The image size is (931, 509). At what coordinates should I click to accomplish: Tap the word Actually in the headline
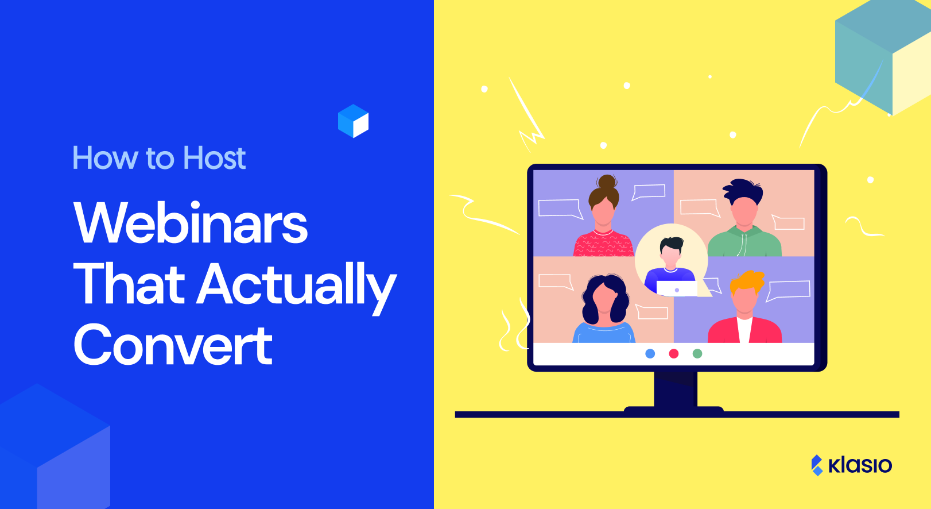pyautogui.click(x=297, y=284)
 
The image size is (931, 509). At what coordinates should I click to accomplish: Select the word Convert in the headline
pyautogui.click(x=173, y=345)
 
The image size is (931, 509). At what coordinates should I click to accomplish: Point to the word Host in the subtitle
pyautogui.click(x=214, y=158)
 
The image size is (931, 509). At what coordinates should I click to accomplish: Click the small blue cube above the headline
pyautogui.click(x=353, y=121)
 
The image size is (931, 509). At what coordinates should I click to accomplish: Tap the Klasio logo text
pyautogui.click(x=860, y=465)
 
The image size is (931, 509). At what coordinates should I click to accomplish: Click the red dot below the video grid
pyautogui.click(x=674, y=353)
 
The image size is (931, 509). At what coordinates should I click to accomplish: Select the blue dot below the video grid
pyautogui.click(x=650, y=353)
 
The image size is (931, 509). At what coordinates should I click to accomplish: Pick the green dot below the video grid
pyautogui.click(x=697, y=353)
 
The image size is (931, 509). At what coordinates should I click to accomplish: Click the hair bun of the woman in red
pyautogui.click(x=607, y=182)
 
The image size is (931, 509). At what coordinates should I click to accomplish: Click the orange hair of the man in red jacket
pyautogui.click(x=747, y=282)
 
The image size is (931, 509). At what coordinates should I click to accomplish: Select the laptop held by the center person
pyautogui.click(x=676, y=288)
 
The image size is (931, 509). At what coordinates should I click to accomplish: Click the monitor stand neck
pyautogui.click(x=676, y=389)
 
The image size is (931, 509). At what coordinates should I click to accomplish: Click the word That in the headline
pyautogui.click(x=129, y=284)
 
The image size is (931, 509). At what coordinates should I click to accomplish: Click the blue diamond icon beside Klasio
pyautogui.click(x=817, y=465)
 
